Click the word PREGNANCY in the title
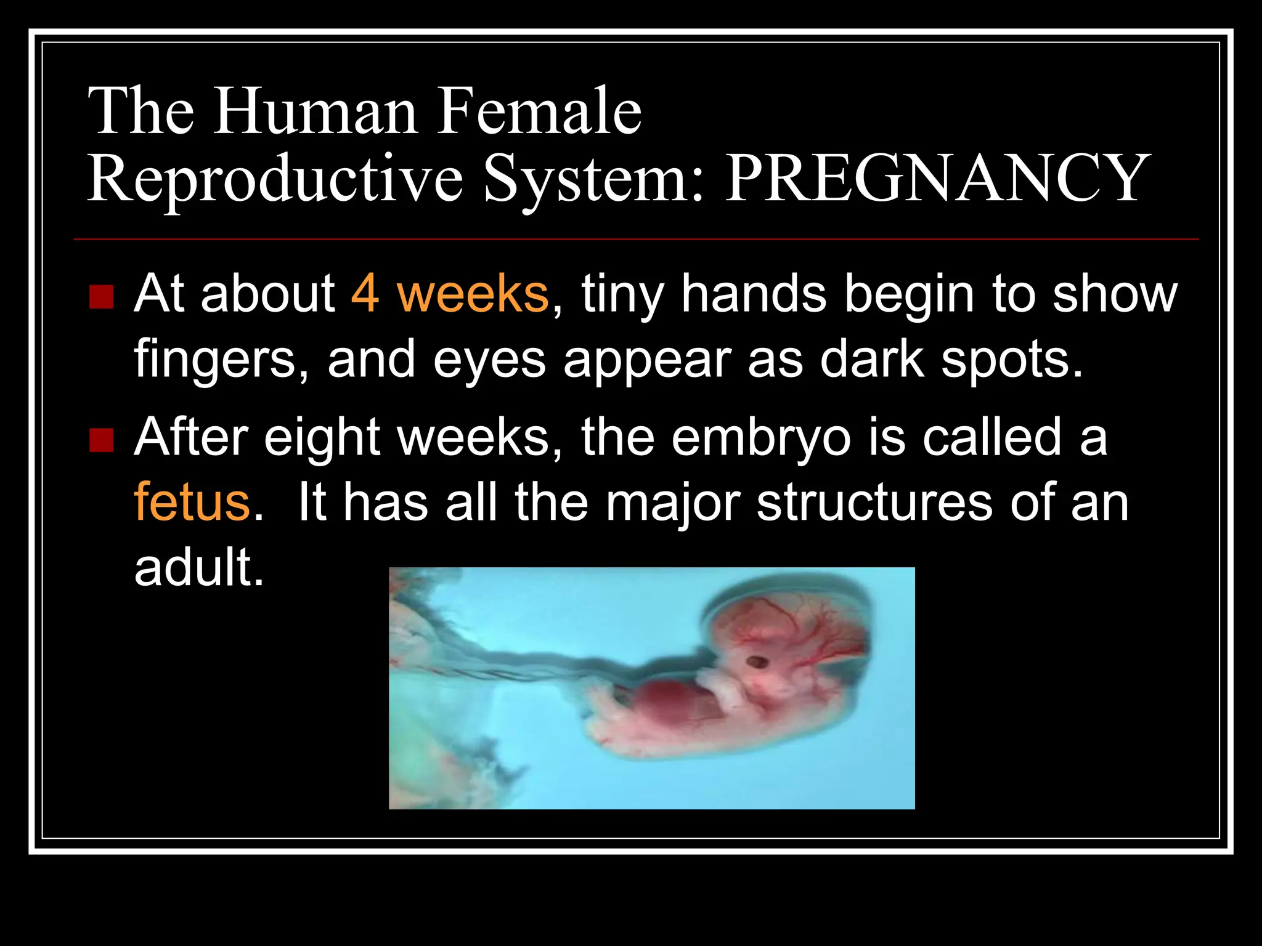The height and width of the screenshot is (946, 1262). [x=937, y=179]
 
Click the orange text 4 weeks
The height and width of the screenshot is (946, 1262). [x=450, y=294]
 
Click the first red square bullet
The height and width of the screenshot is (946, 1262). [x=102, y=297]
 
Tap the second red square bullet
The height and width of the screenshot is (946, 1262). [x=102, y=440]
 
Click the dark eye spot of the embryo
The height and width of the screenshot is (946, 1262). [x=756, y=663]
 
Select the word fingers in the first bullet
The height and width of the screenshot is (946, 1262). [x=221, y=360]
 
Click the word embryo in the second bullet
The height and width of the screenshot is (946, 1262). [x=760, y=438]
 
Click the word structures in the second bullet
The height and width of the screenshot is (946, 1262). [x=874, y=503]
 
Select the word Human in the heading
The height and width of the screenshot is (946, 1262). [x=315, y=111]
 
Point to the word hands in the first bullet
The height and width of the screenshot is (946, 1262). [x=753, y=294]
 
